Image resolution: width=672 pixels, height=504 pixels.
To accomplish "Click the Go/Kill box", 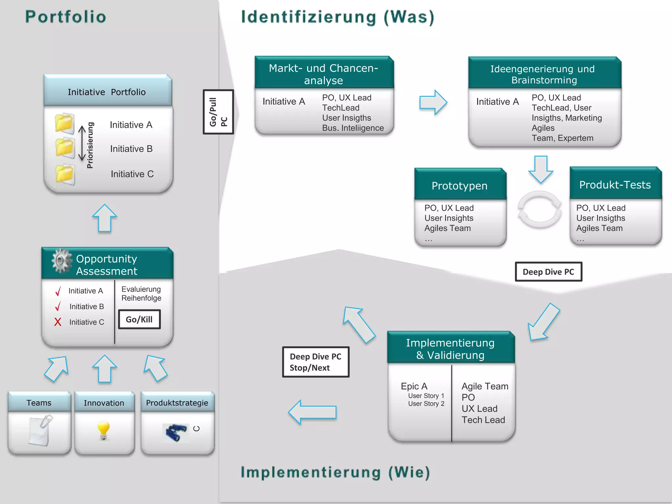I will tap(139, 319).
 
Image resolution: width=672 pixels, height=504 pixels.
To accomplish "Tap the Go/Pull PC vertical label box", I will tap(218, 112).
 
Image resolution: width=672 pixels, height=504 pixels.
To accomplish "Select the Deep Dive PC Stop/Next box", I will tap(316, 362).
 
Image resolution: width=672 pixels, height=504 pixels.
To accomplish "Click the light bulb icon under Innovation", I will tap(103, 430).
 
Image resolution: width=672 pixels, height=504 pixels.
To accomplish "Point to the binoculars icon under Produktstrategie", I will tap(176, 432).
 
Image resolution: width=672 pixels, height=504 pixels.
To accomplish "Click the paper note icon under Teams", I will tap(40, 430).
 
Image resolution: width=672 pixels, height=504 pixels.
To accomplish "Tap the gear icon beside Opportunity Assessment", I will tap(61, 261).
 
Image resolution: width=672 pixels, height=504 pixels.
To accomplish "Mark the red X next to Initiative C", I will tap(58, 322).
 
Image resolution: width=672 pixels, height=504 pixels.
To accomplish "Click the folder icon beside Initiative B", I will tap(65, 148).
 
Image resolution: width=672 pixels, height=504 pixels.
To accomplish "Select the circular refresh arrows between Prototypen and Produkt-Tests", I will tap(539, 210).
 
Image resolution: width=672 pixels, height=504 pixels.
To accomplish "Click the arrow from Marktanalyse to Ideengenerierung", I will tap(433, 102).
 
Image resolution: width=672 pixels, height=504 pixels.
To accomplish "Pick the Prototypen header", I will tap(460, 185).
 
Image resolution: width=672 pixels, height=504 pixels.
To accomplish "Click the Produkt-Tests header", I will tap(615, 184).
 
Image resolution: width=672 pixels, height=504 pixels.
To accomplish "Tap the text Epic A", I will tap(414, 386).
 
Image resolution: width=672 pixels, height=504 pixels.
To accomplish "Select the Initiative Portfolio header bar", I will tap(107, 92).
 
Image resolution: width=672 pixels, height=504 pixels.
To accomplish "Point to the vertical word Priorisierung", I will tap(90, 145).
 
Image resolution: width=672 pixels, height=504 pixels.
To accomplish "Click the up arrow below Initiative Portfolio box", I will tap(105, 218).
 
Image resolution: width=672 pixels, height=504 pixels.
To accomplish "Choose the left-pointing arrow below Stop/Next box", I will tap(312, 412).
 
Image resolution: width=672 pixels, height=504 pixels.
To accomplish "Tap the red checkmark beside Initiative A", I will tap(58, 291).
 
